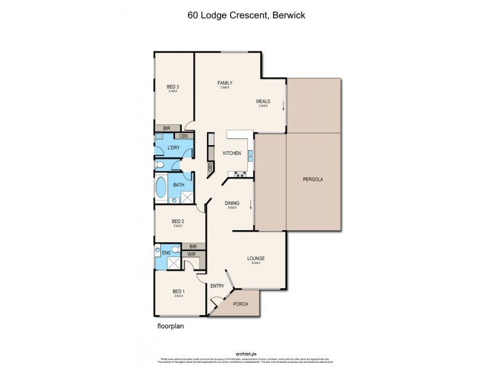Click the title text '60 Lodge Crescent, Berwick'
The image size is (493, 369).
coord(246,17)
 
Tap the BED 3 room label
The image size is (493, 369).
coord(173,87)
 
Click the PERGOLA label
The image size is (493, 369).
coord(313,180)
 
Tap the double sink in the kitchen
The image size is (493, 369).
coord(251,156)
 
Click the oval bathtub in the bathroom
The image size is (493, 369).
coord(161,188)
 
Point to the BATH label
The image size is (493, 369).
coord(179,184)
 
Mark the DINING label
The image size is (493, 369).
coord(232,203)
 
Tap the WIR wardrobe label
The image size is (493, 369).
coord(191,253)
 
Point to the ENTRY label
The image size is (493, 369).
coord(217,285)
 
